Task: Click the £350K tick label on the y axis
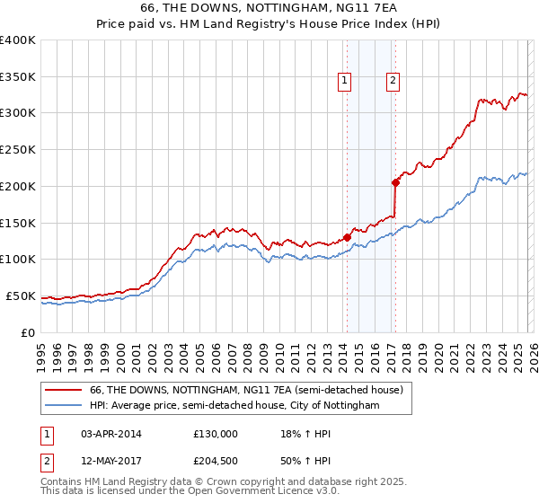18,77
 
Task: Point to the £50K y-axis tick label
21,296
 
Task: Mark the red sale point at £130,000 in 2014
347,238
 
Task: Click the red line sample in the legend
65,391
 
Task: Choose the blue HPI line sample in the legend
65,406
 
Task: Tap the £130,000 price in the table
216,433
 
